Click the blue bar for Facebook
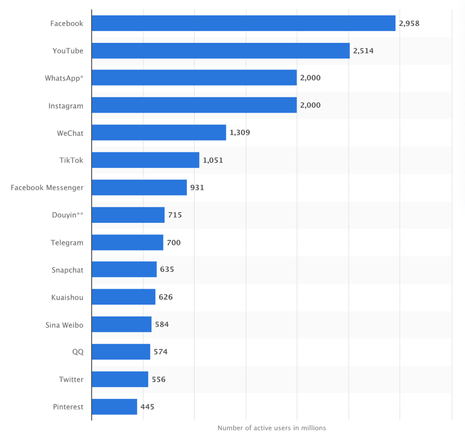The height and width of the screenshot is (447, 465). pyautogui.click(x=243, y=23)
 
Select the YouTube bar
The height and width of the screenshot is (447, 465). pyautogui.click(x=221, y=51)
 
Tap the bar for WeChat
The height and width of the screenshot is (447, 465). pyautogui.click(x=159, y=133)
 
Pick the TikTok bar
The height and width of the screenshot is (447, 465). pyautogui.click(x=145, y=160)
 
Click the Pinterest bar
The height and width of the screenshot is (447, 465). pyautogui.click(x=114, y=407)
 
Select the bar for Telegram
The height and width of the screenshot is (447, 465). pyautogui.click(x=127, y=243)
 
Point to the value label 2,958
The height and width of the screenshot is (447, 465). pyautogui.click(x=409, y=23)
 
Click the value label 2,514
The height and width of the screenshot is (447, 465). pyautogui.click(x=364, y=51)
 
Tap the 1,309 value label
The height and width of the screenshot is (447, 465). pyautogui.click(x=240, y=133)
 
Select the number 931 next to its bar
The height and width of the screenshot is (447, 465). pyautogui.click(x=197, y=187)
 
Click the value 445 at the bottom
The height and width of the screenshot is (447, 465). pyautogui.click(x=148, y=407)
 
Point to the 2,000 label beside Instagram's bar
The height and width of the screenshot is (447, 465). pyautogui.click(x=310, y=105)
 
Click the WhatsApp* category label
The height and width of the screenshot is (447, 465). pyautogui.click(x=64, y=78)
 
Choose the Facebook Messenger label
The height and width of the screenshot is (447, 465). pyautogui.click(x=47, y=187)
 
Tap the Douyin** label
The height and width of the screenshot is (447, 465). pyautogui.click(x=68, y=215)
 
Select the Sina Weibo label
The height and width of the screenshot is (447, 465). pyautogui.click(x=64, y=325)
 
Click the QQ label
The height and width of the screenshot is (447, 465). pyautogui.click(x=78, y=352)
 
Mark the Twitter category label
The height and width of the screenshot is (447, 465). pyautogui.click(x=71, y=379)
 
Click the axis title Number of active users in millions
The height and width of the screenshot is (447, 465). pyautogui.click(x=272, y=428)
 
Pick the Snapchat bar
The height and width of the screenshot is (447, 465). pyautogui.click(x=124, y=270)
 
